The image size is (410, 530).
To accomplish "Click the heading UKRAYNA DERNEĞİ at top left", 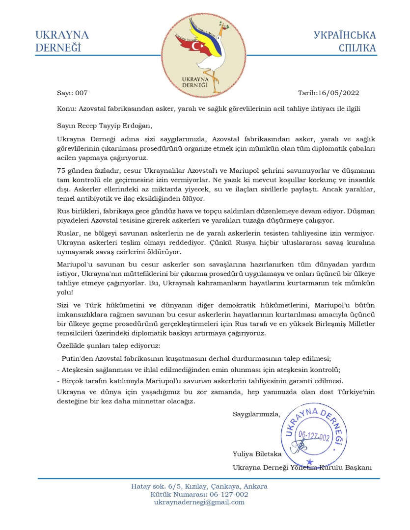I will coord(61,41).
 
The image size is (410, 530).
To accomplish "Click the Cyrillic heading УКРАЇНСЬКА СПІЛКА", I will coord(345,41).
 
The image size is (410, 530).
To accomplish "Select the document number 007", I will coord(81,93).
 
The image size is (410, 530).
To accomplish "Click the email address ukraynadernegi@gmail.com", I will coord(199,502).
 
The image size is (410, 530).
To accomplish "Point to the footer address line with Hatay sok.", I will coord(199,486).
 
